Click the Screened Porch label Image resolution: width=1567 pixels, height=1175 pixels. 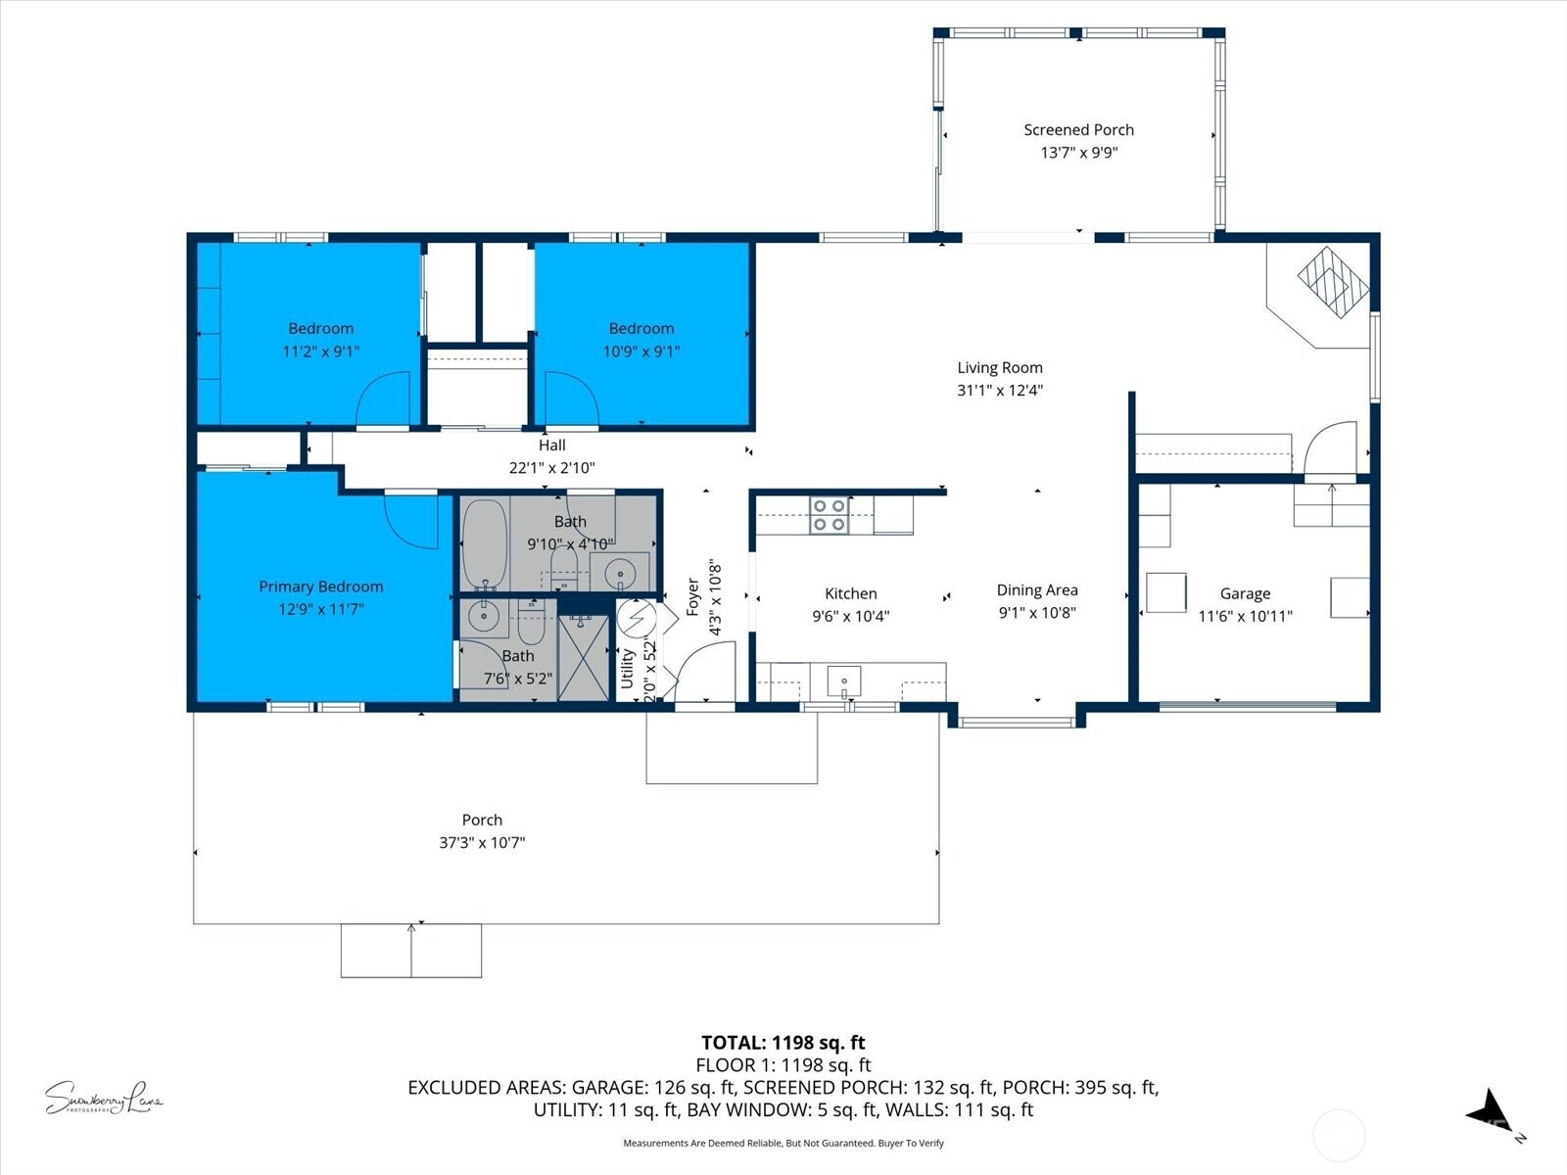click(1078, 129)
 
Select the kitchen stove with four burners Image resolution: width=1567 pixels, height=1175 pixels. click(829, 515)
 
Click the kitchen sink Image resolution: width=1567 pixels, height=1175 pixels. click(843, 679)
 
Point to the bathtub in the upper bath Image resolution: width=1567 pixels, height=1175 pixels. click(484, 543)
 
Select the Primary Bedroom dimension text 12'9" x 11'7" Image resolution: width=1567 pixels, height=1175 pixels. click(320, 609)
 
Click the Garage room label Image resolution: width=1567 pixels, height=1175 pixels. click(1245, 593)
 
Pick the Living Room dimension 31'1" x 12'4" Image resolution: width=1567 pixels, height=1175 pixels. click(999, 390)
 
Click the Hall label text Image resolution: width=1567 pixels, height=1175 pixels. click(551, 446)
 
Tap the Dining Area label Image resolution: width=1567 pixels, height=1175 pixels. click(1037, 589)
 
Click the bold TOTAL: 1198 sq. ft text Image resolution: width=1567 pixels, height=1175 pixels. click(783, 1043)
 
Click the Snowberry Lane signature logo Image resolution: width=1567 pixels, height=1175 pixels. click(103, 1098)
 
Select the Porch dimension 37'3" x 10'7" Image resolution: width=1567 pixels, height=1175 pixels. click(482, 842)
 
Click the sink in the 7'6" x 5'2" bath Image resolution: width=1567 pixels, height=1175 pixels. click(483, 617)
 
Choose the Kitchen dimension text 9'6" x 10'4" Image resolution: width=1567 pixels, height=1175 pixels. click(850, 616)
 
